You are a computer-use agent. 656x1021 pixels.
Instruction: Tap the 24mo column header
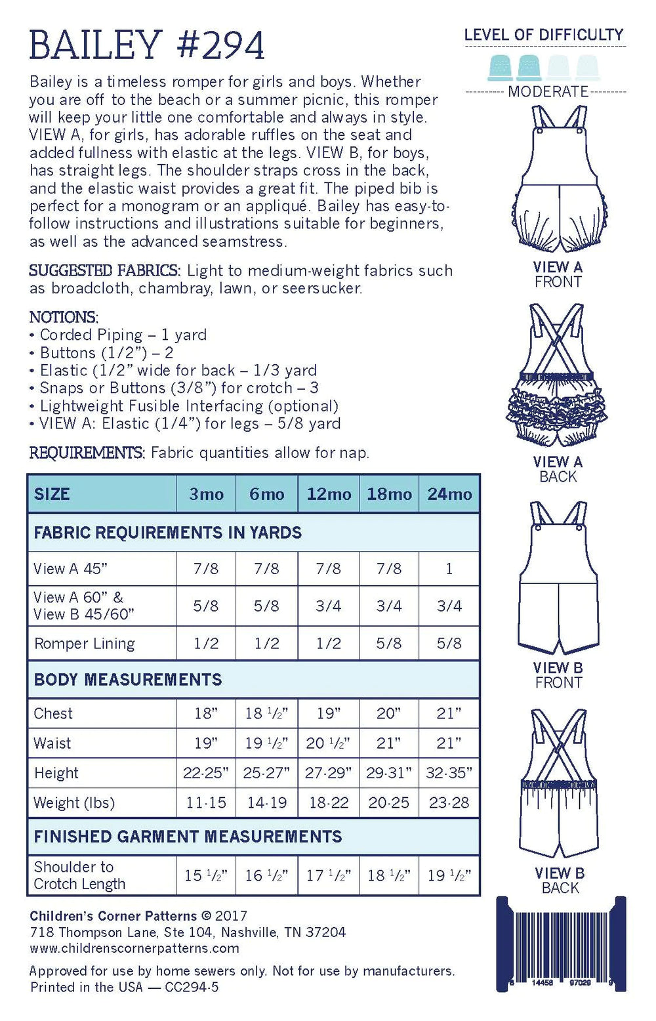[x=449, y=494]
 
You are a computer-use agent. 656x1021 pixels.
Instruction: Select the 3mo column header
[x=206, y=494]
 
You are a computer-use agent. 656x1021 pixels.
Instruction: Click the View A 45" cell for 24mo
[x=449, y=569]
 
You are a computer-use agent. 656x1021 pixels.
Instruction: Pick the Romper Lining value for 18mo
[x=389, y=644]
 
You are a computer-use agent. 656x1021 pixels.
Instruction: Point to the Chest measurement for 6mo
[x=266, y=713]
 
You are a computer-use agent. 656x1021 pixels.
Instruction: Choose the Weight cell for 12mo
[x=328, y=802]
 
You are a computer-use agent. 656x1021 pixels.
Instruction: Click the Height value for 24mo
[x=449, y=773]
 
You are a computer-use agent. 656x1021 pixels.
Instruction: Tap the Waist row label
[x=52, y=743]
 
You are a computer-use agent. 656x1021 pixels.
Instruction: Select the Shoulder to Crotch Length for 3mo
[x=206, y=875]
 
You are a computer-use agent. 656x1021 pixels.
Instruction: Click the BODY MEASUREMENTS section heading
[x=128, y=680]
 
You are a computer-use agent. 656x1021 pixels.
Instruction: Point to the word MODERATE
[x=548, y=92]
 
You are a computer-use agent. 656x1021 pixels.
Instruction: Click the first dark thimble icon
[x=501, y=67]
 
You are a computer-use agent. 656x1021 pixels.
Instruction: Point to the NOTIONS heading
[x=64, y=317]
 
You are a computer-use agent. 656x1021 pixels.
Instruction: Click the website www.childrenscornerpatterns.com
[x=134, y=948]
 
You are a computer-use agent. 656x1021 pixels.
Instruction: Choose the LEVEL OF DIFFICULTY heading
[x=544, y=35]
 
